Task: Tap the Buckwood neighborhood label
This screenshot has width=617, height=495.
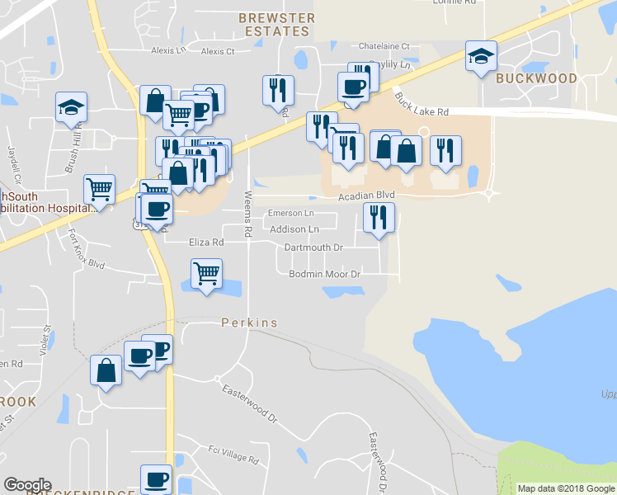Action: [536, 78]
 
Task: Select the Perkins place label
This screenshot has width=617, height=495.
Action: [249, 323]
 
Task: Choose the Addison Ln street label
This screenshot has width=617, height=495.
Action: [294, 229]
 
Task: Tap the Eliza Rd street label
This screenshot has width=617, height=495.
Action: [206, 243]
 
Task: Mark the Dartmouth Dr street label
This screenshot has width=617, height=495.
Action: [313, 247]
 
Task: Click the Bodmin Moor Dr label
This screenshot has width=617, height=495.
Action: [327, 274]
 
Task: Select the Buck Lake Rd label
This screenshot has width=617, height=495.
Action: [421, 103]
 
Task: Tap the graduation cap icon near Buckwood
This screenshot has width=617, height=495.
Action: [481, 57]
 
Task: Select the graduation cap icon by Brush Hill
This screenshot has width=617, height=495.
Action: [72, 107]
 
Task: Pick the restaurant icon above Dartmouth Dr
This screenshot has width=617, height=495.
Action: [379, 217]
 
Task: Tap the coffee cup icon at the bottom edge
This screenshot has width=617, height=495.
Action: [156, 479]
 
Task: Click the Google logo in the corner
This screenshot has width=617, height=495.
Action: [27, 485]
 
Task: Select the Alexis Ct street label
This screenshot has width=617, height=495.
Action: [218, 51]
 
